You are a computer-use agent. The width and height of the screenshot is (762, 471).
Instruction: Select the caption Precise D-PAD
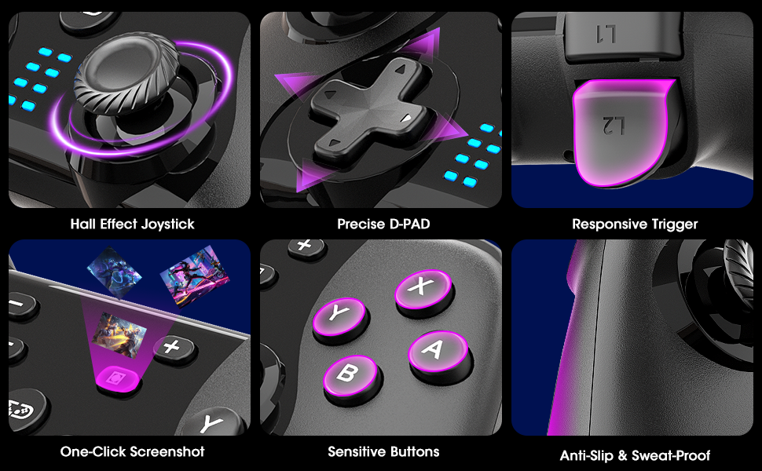tap(383, 224)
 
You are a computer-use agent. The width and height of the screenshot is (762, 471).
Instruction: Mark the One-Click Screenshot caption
tap(132, 451)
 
